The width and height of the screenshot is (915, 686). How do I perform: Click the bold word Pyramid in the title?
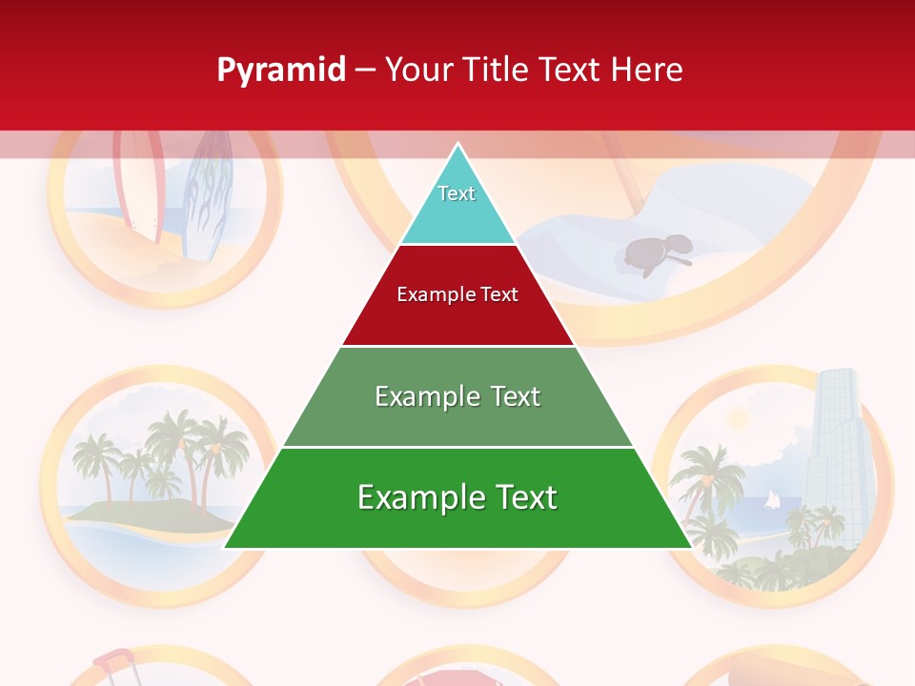coord(281,71)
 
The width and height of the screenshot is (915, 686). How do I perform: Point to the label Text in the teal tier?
coord(457,193)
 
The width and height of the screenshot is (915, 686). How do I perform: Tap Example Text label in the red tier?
coord(457,294)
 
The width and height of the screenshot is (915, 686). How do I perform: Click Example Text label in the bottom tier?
coord(457,497)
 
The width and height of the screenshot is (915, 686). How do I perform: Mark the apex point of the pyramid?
coord(458,145)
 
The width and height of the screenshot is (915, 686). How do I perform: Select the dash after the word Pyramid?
coord(365,71)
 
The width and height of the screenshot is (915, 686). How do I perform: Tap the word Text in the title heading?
coord(570,71)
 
